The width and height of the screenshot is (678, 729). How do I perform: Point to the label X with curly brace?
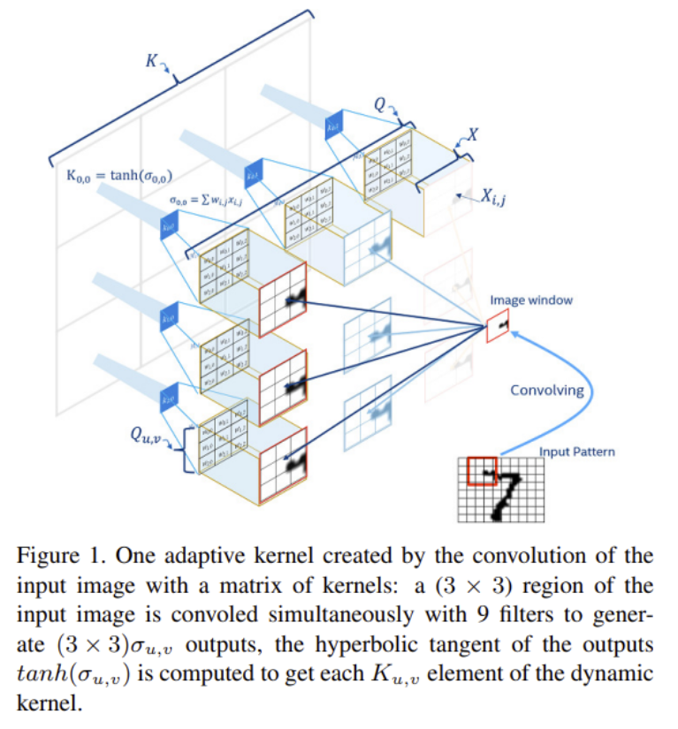pyautogui.click(x=472, y=136)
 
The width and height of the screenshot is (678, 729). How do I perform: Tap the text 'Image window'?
pyautogui.click(x=531, y=300)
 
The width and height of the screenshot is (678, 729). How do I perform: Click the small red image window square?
pyautogui.click(x=499, y=329)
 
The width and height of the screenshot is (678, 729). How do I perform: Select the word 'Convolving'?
pyautogui.click(x=547, y=391)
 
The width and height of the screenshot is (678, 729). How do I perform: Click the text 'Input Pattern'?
pyautogui.click(x=577, y=452)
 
